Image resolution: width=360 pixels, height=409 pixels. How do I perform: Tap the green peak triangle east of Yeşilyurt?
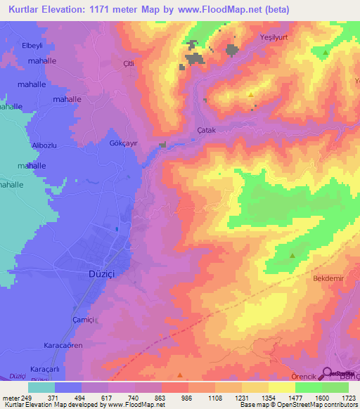click(x=325, y=53)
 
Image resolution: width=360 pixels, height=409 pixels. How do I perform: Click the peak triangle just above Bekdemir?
click(x=292, y=257)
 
